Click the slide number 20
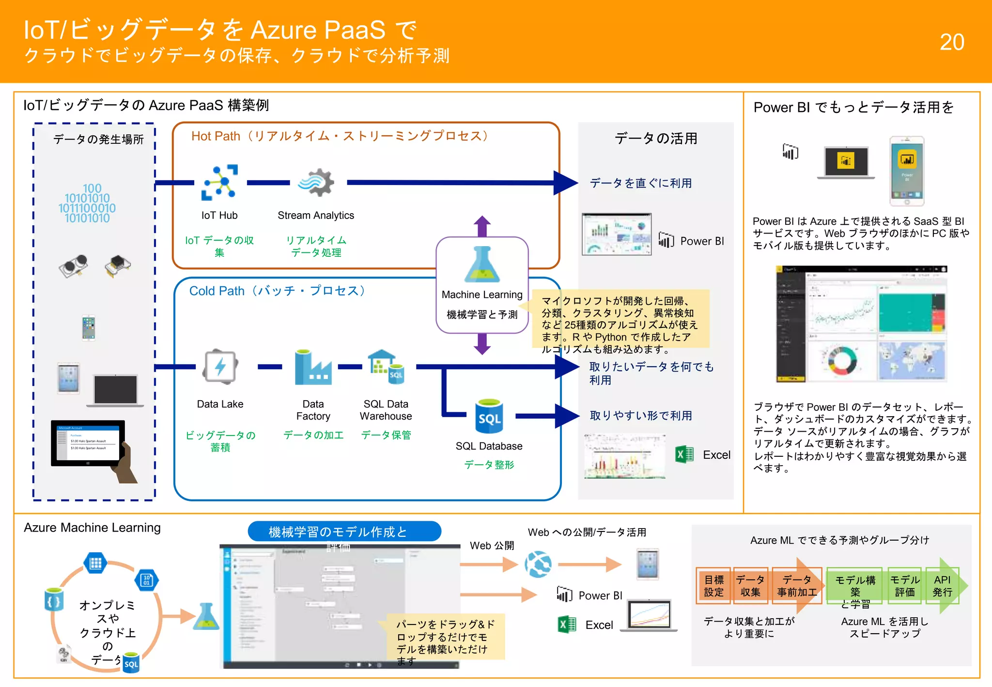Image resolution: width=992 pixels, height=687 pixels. pyautogui.click(x=951, y=42)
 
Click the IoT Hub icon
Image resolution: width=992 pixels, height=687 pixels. pyautogui.click(x=219, y=183)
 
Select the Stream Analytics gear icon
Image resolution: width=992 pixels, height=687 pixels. pyautogui.click(x=316, y=183)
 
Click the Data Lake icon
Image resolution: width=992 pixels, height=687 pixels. pyautogui.click(x=220, y=367)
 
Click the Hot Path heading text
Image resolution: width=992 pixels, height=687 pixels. pyautogui.click(x=339, y=136)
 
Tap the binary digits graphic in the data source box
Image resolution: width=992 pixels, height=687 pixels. pyautogui.click(x=88, y=203)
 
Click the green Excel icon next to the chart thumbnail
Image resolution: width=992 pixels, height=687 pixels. pyautogui.click(x=684, y=454)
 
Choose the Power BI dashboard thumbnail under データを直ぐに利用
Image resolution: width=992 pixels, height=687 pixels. pyautogui.click(x=617, y=234)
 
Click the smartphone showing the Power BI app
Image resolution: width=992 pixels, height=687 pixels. pyautogui.click(x=907, y=171)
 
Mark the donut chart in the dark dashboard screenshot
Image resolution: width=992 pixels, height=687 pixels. pyautogui.click(x=842, y=360)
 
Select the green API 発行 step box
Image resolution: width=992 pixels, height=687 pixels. pyautogui.click(x=942, y=586)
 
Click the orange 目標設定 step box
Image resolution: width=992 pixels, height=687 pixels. pyautogui.click(x=713, y=586)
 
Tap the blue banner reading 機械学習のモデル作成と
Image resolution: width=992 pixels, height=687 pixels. pyautogui.click(x=344, y=531)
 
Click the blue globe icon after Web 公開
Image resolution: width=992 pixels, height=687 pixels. pyautogui.click(x=538, y=564)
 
